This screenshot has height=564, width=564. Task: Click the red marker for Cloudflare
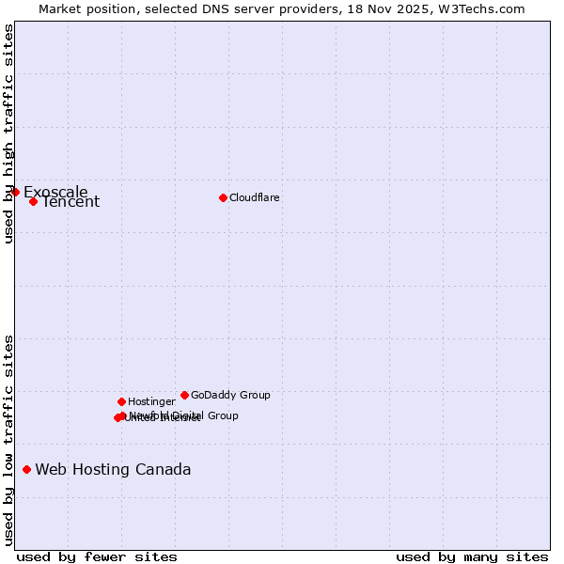coord(223,197)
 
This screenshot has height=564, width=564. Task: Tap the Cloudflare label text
coord(255,198)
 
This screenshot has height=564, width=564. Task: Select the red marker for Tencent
coord(33,201)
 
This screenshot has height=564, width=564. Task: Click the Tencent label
coord(70,202)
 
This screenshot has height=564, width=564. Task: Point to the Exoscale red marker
coord(15,192)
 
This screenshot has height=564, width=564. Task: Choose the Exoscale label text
coord(55,193)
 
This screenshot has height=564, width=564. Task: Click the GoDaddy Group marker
coord(184,395)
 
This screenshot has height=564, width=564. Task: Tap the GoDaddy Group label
coord(230,396)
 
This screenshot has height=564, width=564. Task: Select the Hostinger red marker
coord(121,401)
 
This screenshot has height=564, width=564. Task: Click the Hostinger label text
coord(151,402)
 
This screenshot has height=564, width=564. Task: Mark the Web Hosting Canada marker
coord(26,469)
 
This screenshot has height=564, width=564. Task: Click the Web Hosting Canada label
coord(113,470)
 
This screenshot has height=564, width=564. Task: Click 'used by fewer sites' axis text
coord(97,556)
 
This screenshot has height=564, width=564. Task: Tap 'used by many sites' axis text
coord(472,556)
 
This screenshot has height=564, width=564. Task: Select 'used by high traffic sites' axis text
coord(8,133)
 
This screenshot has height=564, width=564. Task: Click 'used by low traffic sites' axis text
coord(8,440)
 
